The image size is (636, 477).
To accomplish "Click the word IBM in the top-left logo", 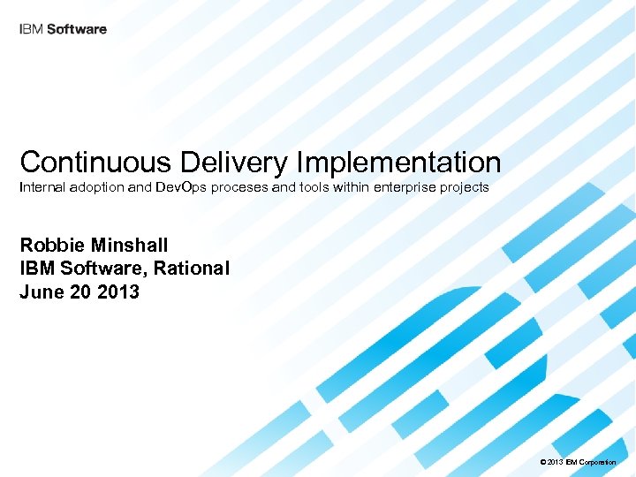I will (30, 29).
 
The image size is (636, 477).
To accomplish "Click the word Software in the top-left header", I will (76, 29).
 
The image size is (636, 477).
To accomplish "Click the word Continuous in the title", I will (96, 162).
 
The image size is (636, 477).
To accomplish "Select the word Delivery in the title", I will (235, 162).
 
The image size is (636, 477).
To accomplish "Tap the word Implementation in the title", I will (399, 162).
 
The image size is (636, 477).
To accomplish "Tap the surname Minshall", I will (132, 245).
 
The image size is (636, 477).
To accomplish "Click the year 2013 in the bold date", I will (118, 291).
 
